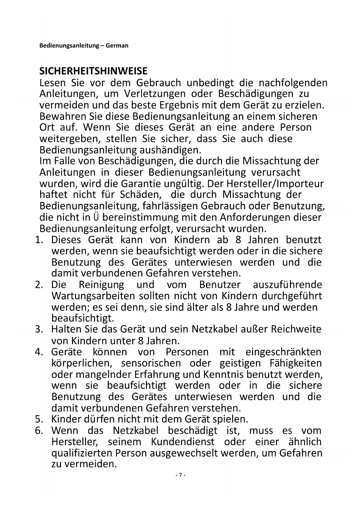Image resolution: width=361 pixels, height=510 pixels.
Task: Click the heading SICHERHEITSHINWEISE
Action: pos(93,71)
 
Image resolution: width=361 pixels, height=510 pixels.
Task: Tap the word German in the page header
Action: pos(117,46)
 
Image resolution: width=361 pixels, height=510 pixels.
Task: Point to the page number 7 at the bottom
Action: pos(180,475)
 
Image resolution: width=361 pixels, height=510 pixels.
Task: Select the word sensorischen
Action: pos(151,363)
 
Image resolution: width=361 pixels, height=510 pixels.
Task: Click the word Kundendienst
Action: pos(183,442)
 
